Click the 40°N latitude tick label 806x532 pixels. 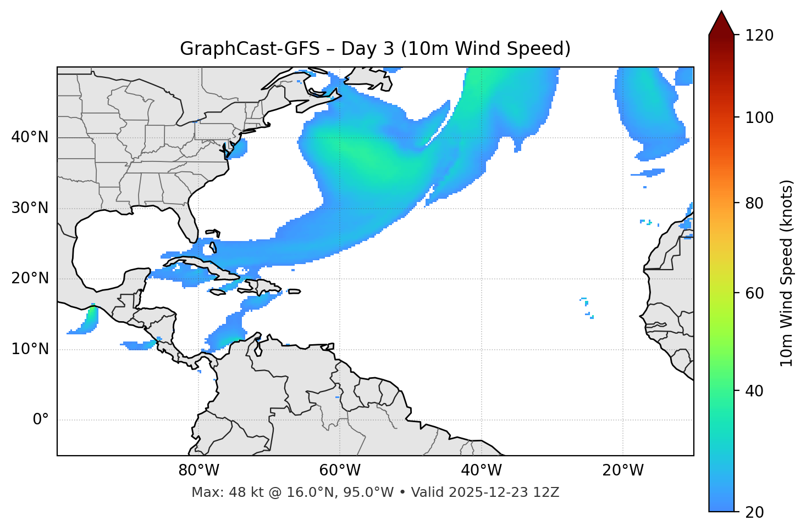point(30,137)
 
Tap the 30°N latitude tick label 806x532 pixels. point(30,208)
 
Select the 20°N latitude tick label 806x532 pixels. point(30,278)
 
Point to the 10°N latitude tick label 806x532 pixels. point(30,349)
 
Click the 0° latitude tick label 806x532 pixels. point(41,420)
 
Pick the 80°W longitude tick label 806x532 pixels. point(198,471)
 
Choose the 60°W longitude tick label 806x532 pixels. point(340,471)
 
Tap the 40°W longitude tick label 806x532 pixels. point(481,471)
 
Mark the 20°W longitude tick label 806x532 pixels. point(623,471)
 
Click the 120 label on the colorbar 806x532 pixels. point(759,35)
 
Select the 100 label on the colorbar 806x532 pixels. point(759,117)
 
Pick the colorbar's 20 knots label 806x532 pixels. point(755,512)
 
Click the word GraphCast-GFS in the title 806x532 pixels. point(250,49)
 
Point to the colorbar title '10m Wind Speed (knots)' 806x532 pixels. point(787,273)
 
